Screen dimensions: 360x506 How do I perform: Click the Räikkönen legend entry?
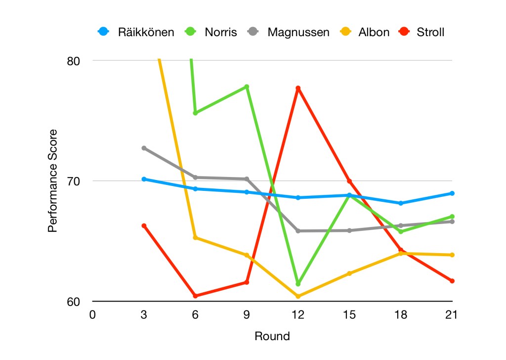point(136,33)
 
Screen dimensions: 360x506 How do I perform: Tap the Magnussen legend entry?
point(289,33)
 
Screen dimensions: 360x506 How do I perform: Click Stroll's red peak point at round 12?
point(298,89)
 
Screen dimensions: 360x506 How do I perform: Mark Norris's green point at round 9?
point(247,87)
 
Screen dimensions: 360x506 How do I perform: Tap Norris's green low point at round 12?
point(298,283)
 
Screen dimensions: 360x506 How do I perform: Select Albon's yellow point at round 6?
point(195,238)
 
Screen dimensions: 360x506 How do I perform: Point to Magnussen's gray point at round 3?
point(144,148)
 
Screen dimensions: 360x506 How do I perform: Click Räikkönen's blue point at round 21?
point(452,193)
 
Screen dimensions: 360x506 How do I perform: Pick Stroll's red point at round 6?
point(195,296)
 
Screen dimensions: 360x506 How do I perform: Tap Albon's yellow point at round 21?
point(452,255)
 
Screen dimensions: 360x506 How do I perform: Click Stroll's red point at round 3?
point(144,226)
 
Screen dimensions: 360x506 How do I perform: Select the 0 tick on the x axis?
point(92,315)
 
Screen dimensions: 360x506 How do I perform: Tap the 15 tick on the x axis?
point(349,315)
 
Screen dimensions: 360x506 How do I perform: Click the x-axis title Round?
point(272,337)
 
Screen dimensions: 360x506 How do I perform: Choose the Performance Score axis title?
point(52,181)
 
